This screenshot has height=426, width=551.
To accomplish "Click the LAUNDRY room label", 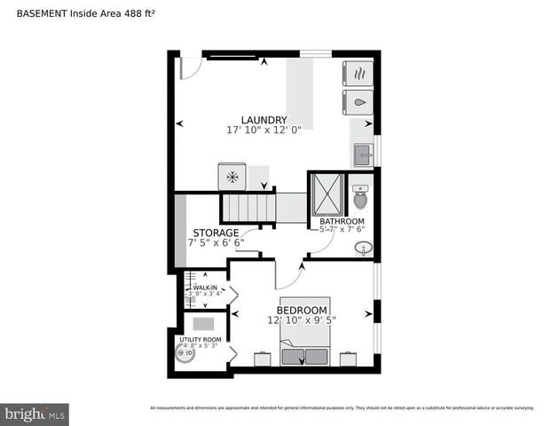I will pos(264,120).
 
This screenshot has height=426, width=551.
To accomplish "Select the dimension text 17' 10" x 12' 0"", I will pos(264,130).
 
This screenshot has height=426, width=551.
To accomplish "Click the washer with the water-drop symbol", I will pos(358,102).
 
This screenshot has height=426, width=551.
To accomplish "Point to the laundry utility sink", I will pos(362,155).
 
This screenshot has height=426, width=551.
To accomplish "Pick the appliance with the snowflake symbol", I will pos(232,176).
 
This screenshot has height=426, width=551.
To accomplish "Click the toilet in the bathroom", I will pos(359,198).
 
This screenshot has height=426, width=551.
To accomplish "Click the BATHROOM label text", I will pos(342,221).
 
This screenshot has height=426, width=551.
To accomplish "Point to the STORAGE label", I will pos(216,233).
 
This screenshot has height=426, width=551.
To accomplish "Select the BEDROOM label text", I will pos(301,310).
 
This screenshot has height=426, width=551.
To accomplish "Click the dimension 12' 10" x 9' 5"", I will pos(301,319).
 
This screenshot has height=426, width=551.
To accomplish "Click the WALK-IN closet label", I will pos(206,288).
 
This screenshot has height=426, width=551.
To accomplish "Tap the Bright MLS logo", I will pos(35,414).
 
